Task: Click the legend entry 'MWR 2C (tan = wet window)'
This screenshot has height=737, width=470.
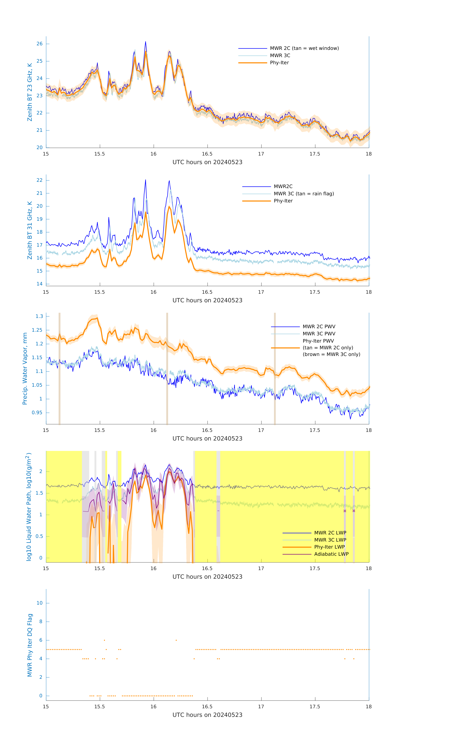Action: coord(304,48)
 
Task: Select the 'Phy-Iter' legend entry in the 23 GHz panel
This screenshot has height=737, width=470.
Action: coord(279,63)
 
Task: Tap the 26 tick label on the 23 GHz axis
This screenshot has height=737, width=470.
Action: coord(39,44)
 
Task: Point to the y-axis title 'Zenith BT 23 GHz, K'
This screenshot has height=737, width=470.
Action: coord(30,92)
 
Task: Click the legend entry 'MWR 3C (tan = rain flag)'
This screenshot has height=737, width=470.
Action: coord(303,194)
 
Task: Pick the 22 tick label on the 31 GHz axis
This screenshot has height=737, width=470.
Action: coord(39,180)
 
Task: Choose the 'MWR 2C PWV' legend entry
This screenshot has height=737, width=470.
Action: coord(319,327)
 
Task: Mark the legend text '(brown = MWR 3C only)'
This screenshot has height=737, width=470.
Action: coord(331,354)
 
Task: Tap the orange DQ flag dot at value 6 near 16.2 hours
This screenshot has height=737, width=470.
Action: coord(176,640)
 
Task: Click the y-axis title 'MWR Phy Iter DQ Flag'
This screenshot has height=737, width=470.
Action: coord(30,645)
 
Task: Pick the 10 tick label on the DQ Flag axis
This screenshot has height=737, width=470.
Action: coord(39,603)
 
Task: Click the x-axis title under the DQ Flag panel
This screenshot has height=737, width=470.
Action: coord(207,715)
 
